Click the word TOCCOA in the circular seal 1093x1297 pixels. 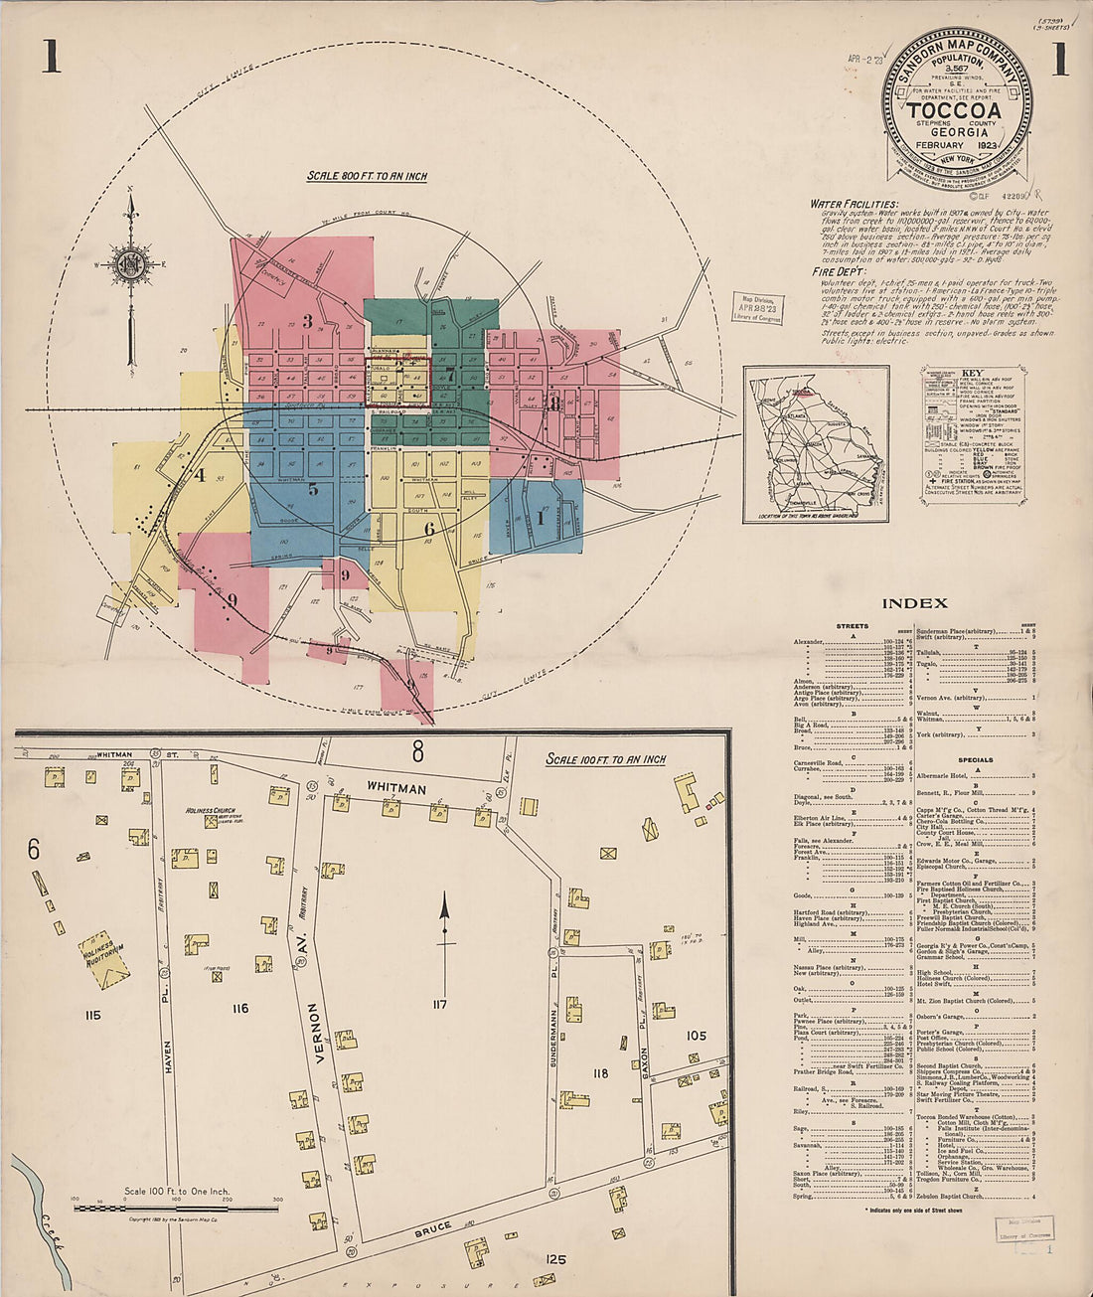pos(954,110)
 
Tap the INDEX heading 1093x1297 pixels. pos(914,602)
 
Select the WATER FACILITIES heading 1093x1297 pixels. pos(855,204)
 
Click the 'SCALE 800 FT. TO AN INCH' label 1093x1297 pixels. pos(367,176)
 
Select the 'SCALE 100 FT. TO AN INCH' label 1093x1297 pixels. pos(606,759)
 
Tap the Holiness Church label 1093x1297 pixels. pos(210,810)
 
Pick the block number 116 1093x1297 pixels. pos(239,1009)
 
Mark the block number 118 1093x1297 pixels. pos(599,1073)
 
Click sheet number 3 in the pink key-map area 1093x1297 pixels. pos(308,321)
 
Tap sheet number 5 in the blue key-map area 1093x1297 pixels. pos(313,488)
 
